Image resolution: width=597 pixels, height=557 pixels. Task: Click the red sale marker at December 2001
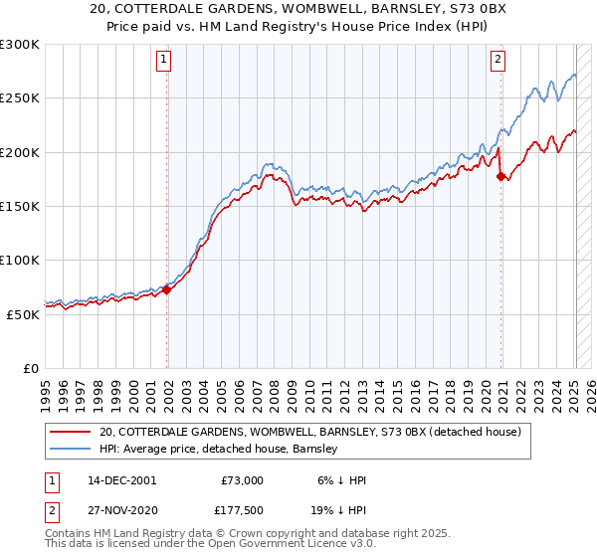166,289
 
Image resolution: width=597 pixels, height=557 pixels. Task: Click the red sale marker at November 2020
500,177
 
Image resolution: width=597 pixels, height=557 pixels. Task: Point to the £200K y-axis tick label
20,152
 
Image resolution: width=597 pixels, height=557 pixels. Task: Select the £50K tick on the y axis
23,314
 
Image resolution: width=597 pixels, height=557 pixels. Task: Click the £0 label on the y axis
31,368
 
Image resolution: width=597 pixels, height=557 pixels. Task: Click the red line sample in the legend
72,432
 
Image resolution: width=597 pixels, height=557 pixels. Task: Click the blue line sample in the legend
72,450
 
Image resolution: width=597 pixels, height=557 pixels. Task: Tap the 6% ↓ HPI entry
339,480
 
